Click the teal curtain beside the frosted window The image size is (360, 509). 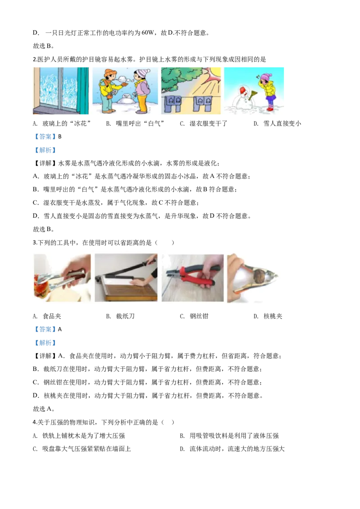pyautogui.click(x=83, y=90)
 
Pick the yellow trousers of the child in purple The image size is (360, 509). pyautogui.click(x=142, y=103)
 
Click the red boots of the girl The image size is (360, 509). pyautogui.click(x=270, y=108)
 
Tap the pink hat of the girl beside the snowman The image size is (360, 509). pyautogui.click(x=265, y=77)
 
